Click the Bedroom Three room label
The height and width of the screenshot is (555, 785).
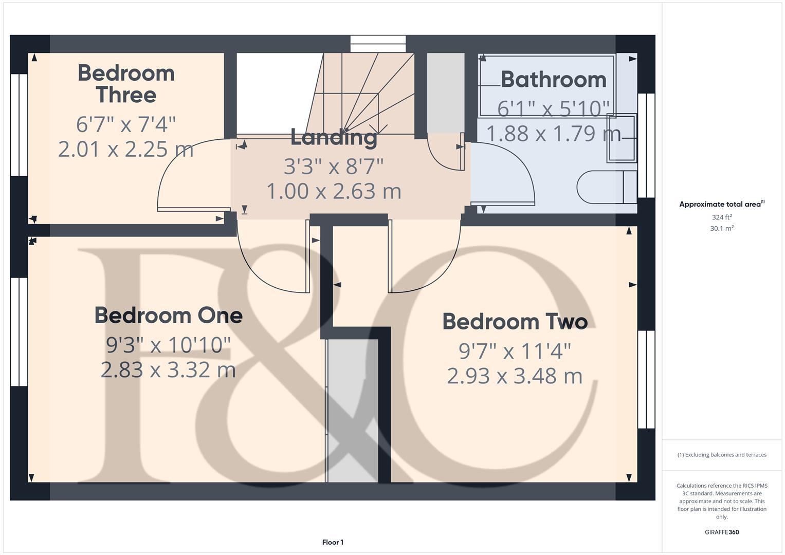pyautogui.click(x=126, y=84)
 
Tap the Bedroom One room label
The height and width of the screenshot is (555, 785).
pyautogui.click(x=168, y=316)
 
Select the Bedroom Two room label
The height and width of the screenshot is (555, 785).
pyautogui.click(x=515, y=322)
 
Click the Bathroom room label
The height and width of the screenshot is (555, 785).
pyautogui.click(x=553, y=80)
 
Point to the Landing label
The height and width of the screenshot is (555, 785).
pyautogui.click(x=334, y=137)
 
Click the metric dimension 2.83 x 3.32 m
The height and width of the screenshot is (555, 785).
pyautogui.click(x=168, y=370)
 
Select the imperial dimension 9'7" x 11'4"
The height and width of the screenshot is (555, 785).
pyautogui.click(x=515, y=351)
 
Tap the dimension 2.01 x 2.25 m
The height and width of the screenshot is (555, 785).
pyautogui.click(x=126, y=150)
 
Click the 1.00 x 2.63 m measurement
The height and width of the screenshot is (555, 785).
pyautogui.click(x=334, y=191)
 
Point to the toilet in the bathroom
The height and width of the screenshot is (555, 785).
pyautogui.click(x=606, y=187)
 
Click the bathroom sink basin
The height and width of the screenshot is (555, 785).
pyautogui.click(x=621, y=138)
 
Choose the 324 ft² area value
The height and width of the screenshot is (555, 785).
pyautogui.click(x=721, y=217)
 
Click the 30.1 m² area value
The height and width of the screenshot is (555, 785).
pyautogui.click(x=721, y=229)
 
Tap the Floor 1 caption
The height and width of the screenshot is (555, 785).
pyautogui.click(x=333, y=542)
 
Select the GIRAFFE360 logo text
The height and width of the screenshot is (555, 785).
pyautogui.click(x=721, y=532)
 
